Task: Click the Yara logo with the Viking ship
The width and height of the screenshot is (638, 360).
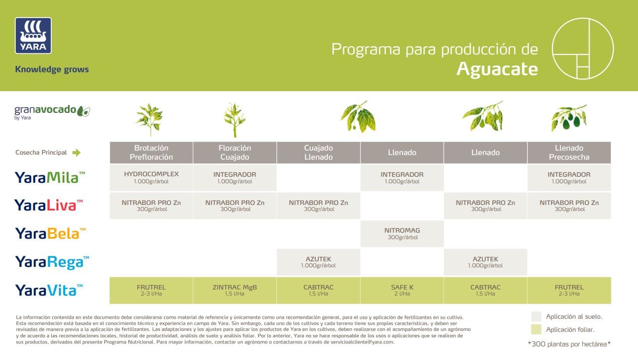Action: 33,35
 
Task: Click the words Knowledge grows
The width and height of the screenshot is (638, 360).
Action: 52,69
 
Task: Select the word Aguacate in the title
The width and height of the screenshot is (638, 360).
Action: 497,69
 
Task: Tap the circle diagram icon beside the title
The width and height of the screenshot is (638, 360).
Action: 583,48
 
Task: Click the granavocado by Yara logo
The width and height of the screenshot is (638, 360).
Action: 52,112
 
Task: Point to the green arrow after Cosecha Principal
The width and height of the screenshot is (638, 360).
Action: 77,153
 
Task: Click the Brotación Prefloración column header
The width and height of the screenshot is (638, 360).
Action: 151,153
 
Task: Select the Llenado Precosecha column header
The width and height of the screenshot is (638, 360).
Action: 569,153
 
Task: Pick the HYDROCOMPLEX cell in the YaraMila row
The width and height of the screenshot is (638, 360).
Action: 151,177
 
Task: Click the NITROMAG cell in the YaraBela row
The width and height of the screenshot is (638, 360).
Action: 402,234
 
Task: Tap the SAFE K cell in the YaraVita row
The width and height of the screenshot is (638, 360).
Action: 402,290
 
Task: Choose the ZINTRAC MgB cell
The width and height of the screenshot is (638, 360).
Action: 235,290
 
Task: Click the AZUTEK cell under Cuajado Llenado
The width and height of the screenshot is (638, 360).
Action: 318,262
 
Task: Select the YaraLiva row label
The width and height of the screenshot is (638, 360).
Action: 45,205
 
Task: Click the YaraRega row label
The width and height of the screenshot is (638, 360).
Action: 52,262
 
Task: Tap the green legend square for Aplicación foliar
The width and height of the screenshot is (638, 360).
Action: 536,330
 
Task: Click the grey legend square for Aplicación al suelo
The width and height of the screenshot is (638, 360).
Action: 536,316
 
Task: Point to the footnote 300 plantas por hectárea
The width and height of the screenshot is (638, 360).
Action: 569,344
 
